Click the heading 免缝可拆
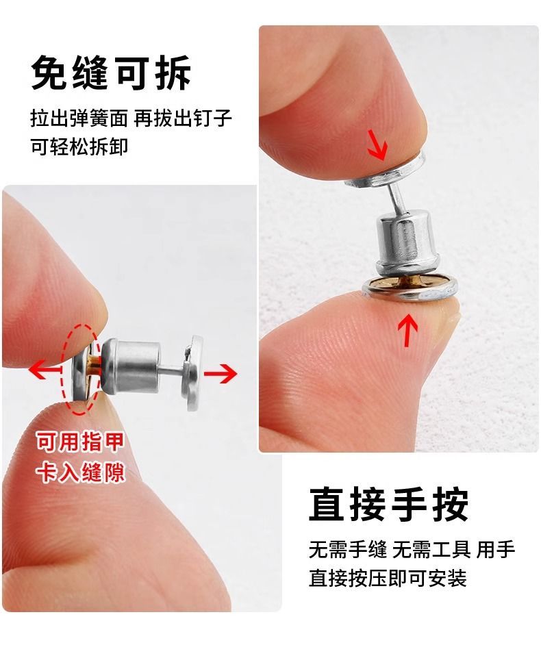pyautogui.click(x=111, y=73)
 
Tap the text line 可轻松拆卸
pyautogui.click(x=79, y=147)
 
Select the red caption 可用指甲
pyautogui.click(x=80, y=442)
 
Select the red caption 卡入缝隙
pyautogui.click(x=80, y=472)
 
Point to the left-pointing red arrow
pyautogui.click(x=45, y=370)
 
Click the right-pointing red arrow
pyautogui.click(x=221, y=373)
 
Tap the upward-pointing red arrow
pyautogui.click(x=407, y=330)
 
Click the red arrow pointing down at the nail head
pyautogui.click(x=378, y=144)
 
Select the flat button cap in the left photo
pyautogui.click(x=193, y=372)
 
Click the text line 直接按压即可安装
pyautogui.click(x=388, y=578)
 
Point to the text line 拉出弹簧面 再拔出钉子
pyautogui.click(x=131, y=118)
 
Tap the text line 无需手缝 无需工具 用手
pyautogui.click(x=412, y=550)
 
